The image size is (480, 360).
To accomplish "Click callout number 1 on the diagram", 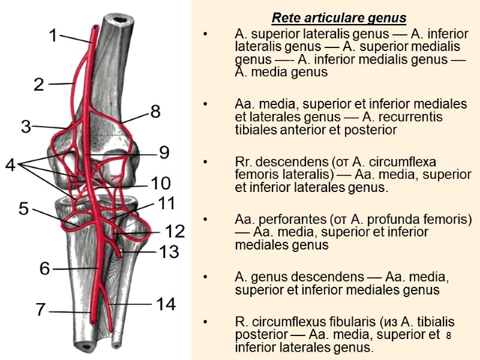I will click(x=53, y=36).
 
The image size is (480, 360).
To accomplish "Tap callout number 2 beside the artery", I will click(x=39, y=85).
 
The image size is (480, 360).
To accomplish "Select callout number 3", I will click(x=26, y=127).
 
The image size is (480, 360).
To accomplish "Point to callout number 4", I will click(x=11, y=164).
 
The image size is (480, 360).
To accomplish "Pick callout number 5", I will click(x=23, y=209).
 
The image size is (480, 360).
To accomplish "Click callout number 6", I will click(x=44, y=268).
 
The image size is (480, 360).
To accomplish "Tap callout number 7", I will click(x=40, y=310).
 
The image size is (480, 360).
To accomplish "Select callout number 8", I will click(x=155, y=111).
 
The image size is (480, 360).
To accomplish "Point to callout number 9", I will click(x=164, y=153).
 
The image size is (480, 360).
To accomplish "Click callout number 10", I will click(x=161, y=183).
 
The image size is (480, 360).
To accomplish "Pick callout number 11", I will click(x=166, y=203).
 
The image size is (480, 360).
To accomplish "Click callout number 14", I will click(x=166, y=304).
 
